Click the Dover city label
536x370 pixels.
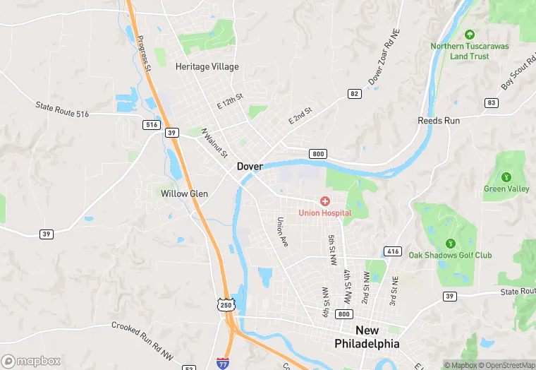click(x=250, y=167)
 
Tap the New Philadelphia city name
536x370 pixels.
click(x=367, y=337)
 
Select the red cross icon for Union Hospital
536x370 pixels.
click(x=324, y=201)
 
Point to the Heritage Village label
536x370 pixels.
click(x=207, y=67)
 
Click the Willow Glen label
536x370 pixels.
click(x=184, y=193)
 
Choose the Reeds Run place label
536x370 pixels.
click(x=439, y=121)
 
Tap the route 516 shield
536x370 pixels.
click(x=151, y=124)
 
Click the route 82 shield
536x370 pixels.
click(x=354, y=93)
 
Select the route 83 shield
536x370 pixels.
click(x=492, y=102)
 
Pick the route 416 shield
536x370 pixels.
click(x=392, y=251)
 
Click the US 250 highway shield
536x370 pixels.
click(x=225, y=304)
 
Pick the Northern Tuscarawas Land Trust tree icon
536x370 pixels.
click(x=470, y=33)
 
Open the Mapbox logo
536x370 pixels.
click(x=32, y=361)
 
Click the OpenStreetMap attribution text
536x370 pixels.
click(x=506, y=365)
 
